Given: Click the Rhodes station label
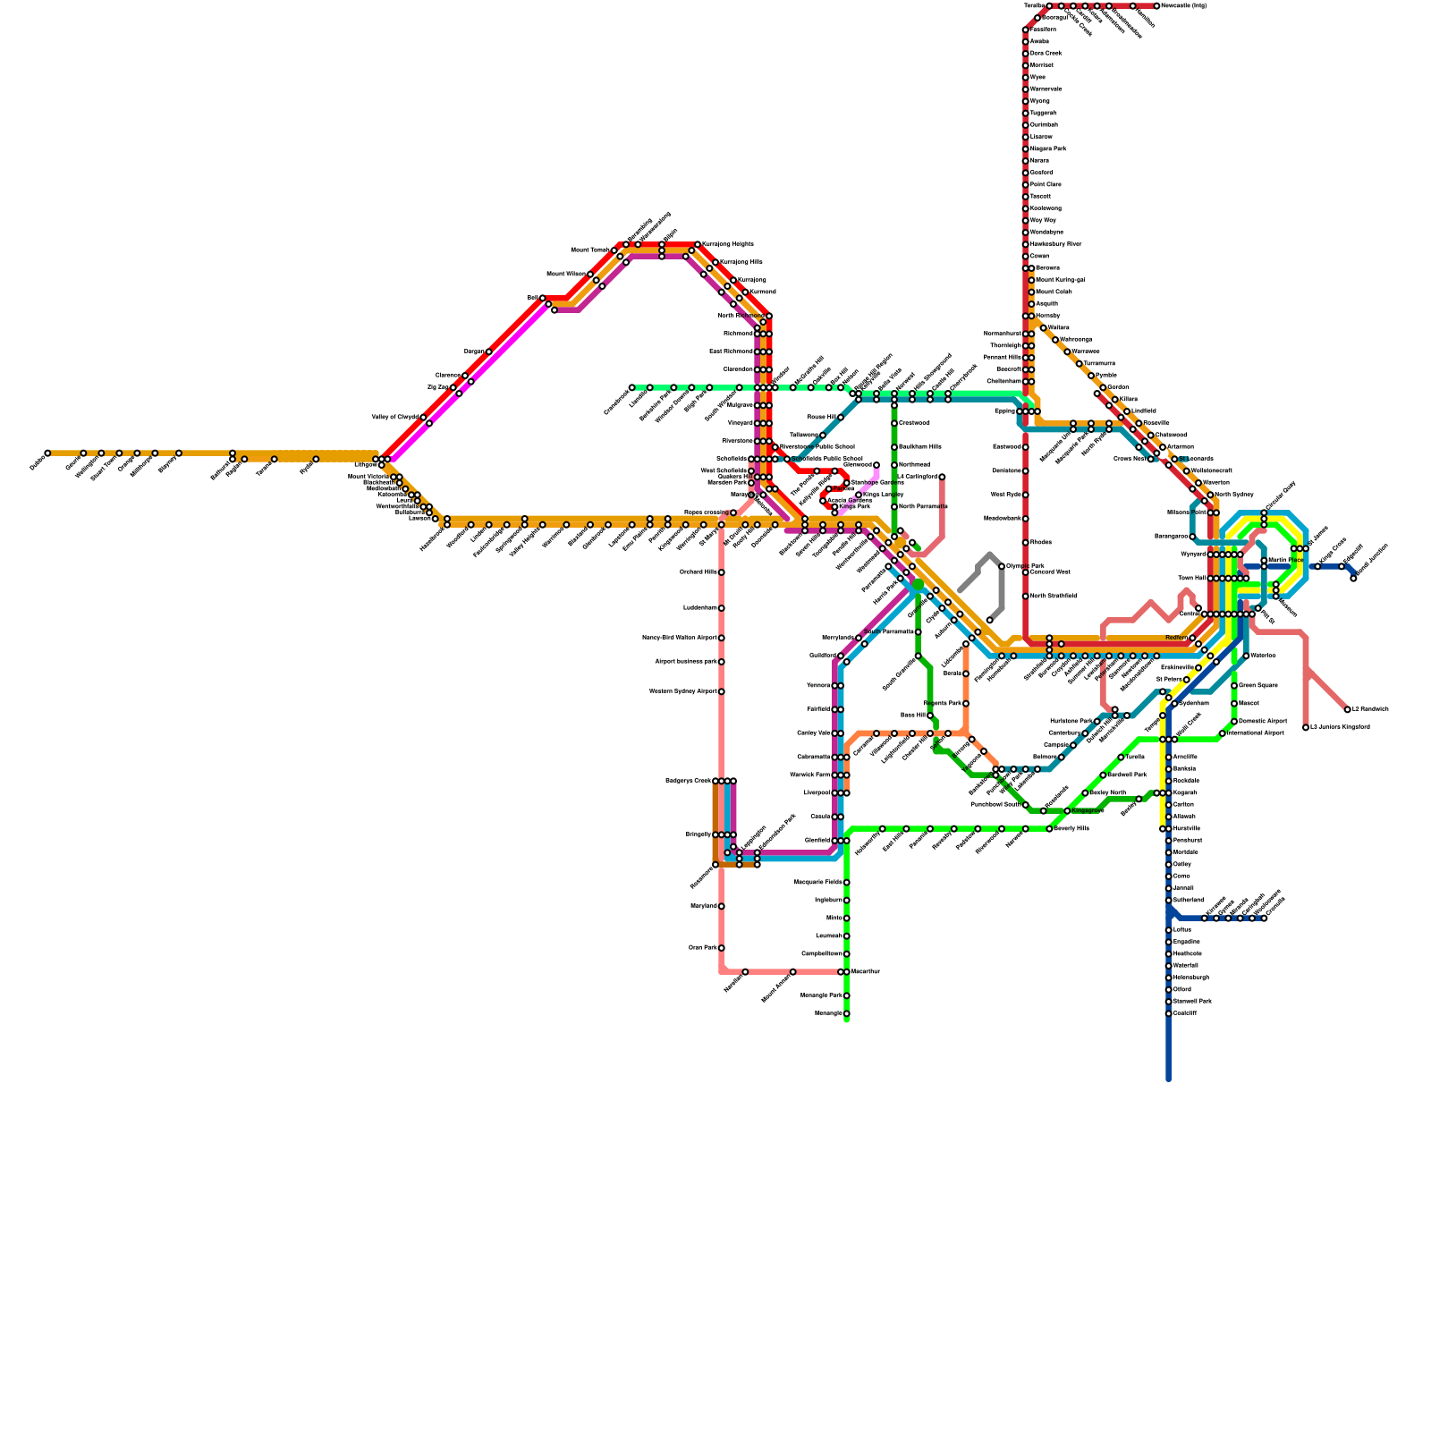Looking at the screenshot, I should tap(1040, 542).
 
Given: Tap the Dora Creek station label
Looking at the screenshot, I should tap(1046, 53).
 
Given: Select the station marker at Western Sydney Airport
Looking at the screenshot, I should tap(722, 691).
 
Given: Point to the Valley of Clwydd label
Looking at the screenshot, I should tap(394, 417).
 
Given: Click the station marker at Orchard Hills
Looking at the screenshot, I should tap(722, 572).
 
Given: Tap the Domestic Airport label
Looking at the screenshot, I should tap(1263, 721).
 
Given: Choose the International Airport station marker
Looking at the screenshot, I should tap(1223, 733).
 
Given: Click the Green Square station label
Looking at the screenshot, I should tap(1257, 685).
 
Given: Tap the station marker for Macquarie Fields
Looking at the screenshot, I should tap(846, 883).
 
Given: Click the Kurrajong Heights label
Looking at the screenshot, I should tap(728, 243).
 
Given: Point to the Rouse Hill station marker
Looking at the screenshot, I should tap(841, 418).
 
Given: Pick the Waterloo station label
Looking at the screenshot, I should tap(1263, 656).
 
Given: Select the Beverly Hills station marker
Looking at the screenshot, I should tap(1050, 829).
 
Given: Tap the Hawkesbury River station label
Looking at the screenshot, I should tap(1055, 243).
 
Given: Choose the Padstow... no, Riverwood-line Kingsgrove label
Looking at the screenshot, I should tap(1087, 810).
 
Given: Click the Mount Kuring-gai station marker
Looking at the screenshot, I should tap(1031, 280).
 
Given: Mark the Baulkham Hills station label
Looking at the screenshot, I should tap(919, 446).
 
